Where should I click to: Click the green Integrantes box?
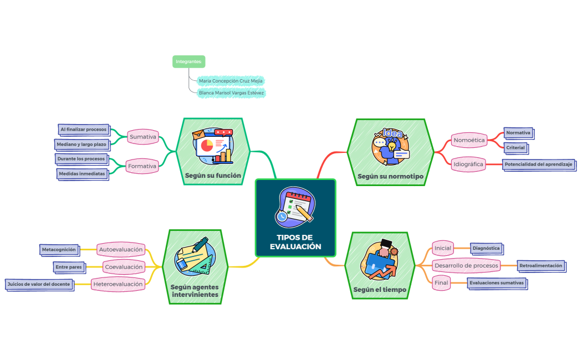(x=188, y=61)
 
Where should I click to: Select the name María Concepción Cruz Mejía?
(x=231, y=81)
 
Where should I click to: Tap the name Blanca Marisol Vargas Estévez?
(x=231, y=93)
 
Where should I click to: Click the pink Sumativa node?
(x=142, y=136)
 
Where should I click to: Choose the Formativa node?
(x=141, y=166)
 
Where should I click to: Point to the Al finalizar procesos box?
(x=83, y=130)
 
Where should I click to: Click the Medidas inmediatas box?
(x=81, y=173)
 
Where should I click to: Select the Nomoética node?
(x=469, y=140)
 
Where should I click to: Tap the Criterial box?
(x=515, y=148)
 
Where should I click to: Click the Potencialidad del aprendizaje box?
(x=538, y=164)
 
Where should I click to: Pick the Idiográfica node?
(x=468, y=164)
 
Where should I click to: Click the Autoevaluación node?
(x=120, y=249)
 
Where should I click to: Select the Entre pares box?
(x=68, y=267)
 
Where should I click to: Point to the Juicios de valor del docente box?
(x=39, y=284)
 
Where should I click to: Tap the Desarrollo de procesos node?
(x=466, y=265)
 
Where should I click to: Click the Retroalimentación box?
(x=540, y=266)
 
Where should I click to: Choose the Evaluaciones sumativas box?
(x=496, y=283)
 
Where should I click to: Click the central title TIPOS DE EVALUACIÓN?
(x=295, y=242)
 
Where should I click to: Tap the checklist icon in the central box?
(x=295, y=205)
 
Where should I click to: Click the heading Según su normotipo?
(x=390, y=177)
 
